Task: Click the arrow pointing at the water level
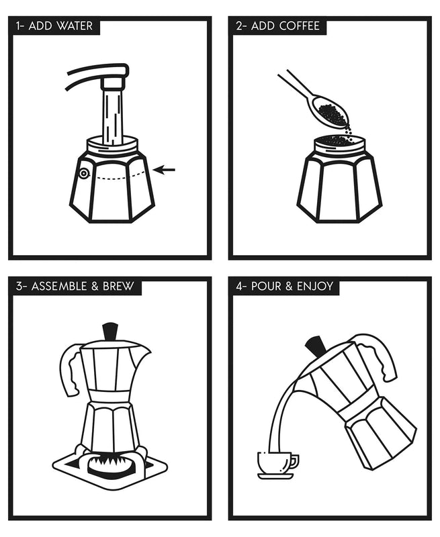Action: (164, 170)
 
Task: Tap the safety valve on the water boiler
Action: (83, 173)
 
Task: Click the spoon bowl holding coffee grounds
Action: (329, 112)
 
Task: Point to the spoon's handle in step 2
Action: (293, 86)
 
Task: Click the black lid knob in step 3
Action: (109, 332)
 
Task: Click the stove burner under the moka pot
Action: (109, 463)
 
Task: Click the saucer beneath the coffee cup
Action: (276, 476)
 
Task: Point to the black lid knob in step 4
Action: (316, 346)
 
